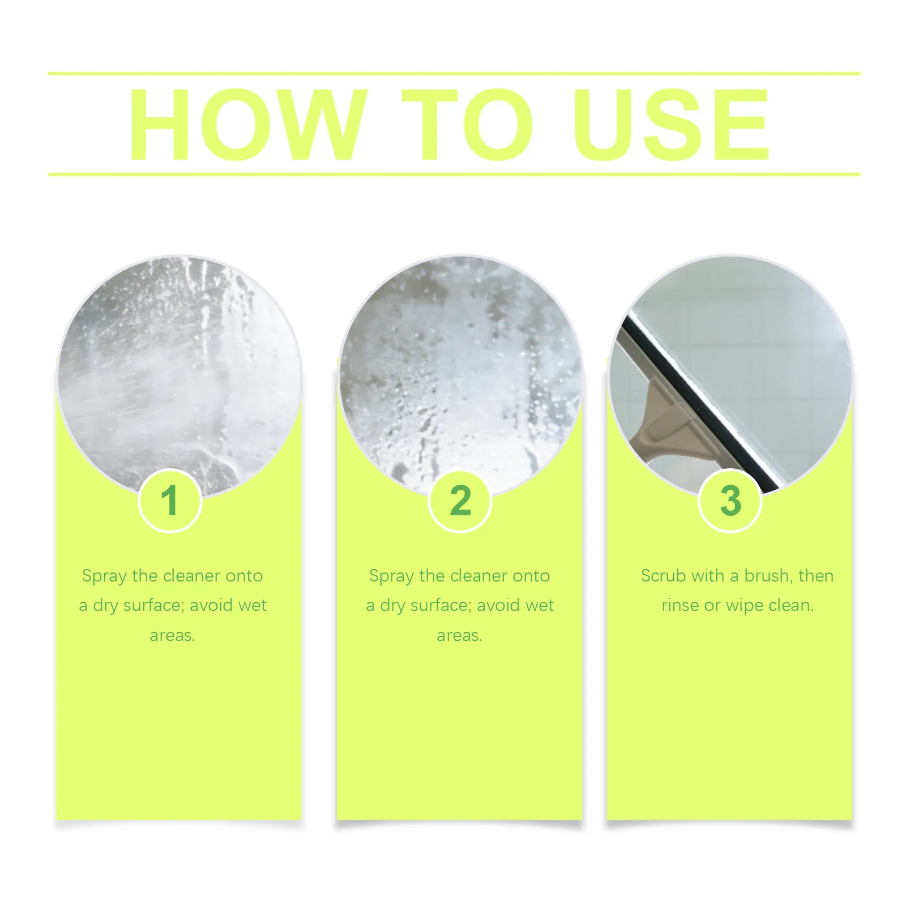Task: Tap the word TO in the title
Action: click(x=467, y=124)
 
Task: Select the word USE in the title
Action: click(x=671, y=124)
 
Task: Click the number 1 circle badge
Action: click(x=170, y=501)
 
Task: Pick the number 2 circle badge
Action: click(x=460, y=501)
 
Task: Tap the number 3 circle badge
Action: click(x=730, y=501)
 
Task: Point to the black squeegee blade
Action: click(x=699, y=402)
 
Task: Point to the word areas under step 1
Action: click(x=172, y=636)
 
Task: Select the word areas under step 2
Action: click(x=459, y=636)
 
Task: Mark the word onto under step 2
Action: click(x=531, y=576)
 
